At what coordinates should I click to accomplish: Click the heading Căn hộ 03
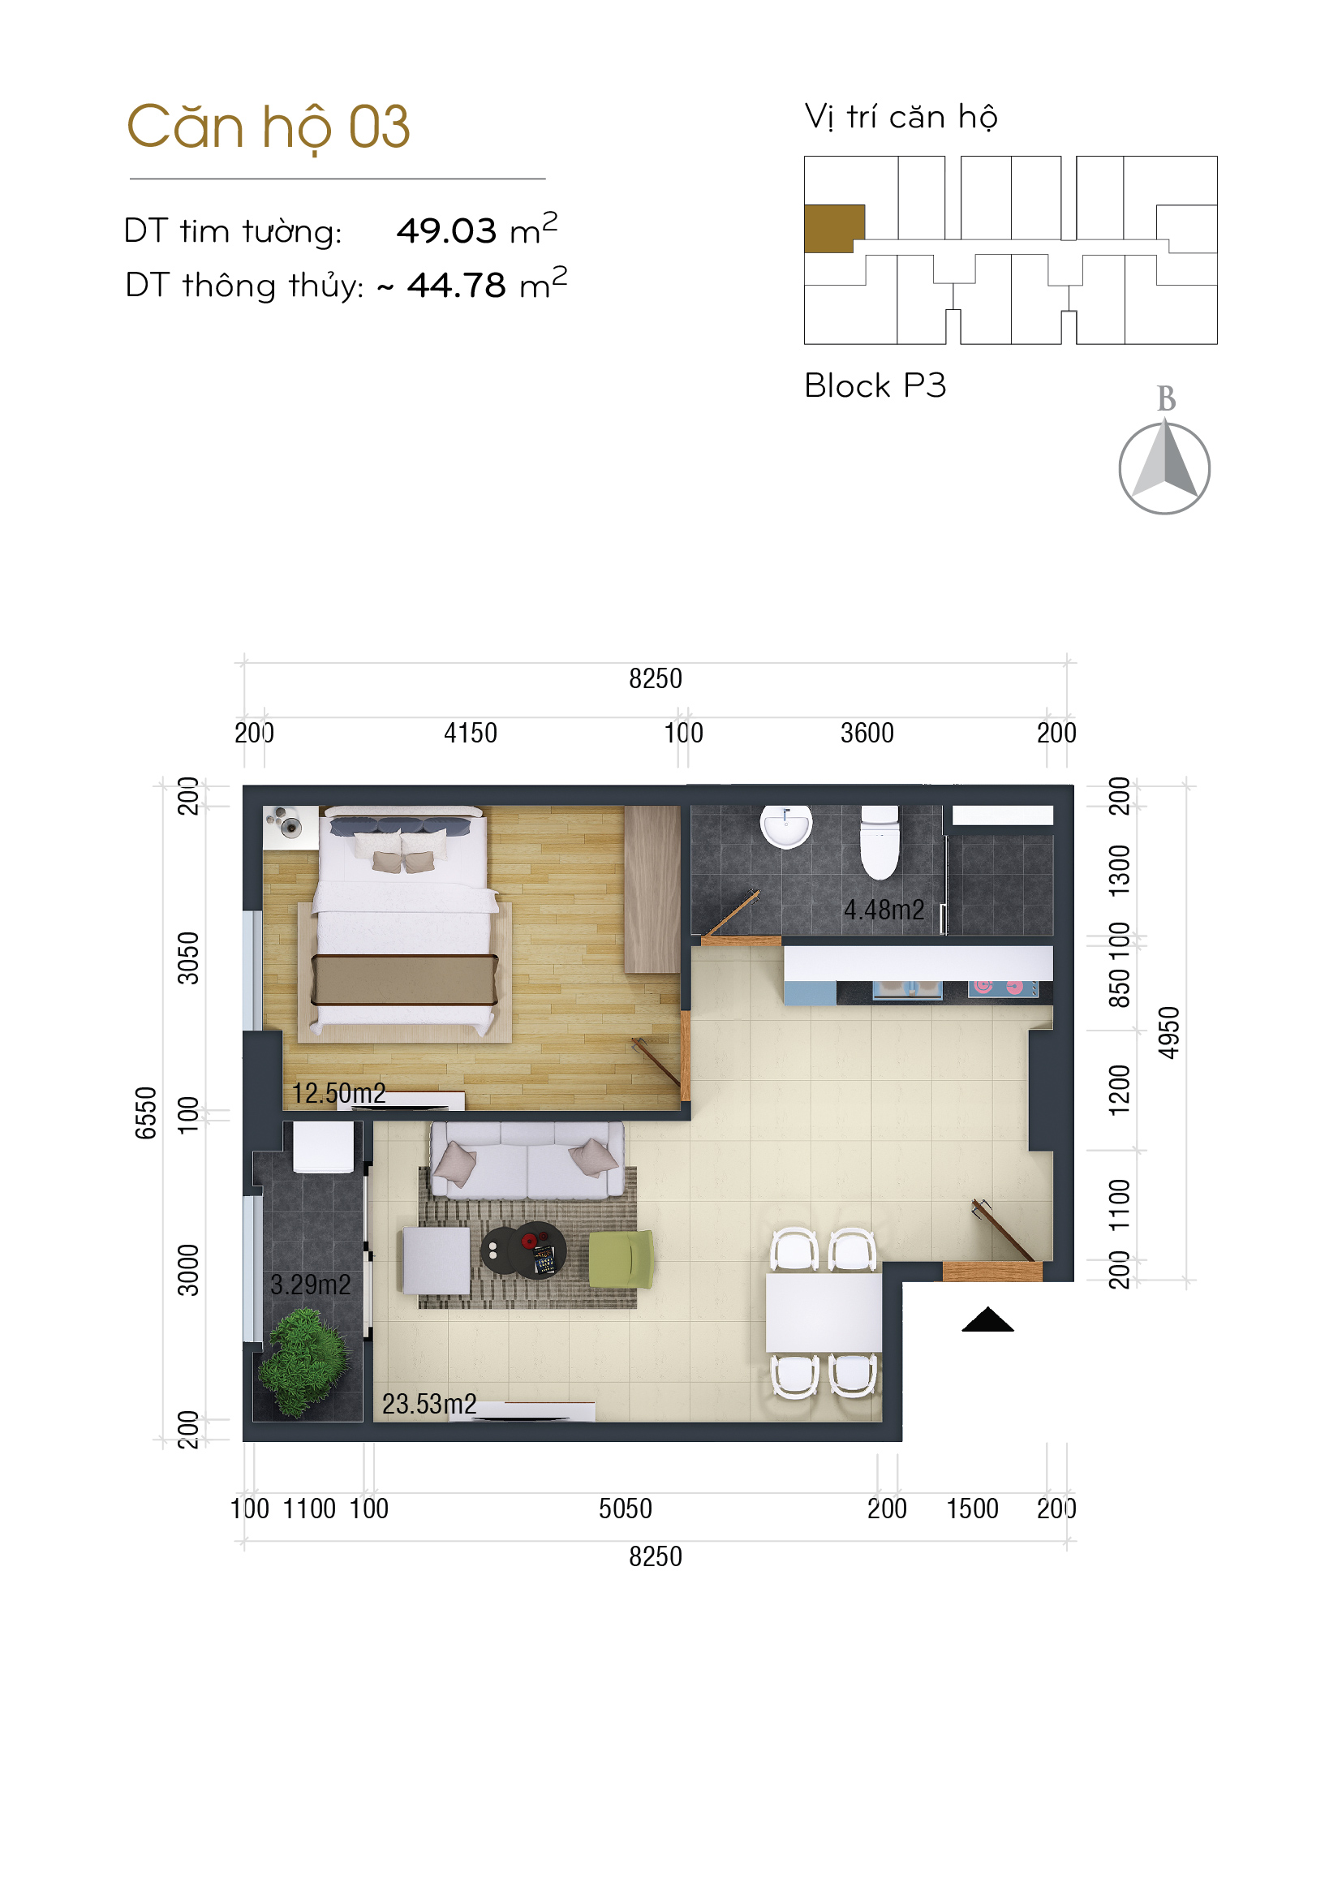pyautogui.click(x=269, y=128)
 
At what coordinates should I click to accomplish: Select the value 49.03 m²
pyautogui.click(x=477, y=229)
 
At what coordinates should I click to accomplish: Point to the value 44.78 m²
pyautogui.click(x=487, y=283)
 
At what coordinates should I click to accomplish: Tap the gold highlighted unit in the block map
pyautogui.click(x=834, y=228)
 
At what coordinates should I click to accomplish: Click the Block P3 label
pyautogui.click(x=875, y=385)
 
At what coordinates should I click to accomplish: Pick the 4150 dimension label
pyautogui.click(x=471, y=733)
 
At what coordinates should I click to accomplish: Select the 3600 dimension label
pyautogui.click(x=867, y=733)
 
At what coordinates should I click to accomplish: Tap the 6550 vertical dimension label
pyautogui.click(x=145, y=1113)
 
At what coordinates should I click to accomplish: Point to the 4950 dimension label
pyautogui.click(x=1168, y=1032)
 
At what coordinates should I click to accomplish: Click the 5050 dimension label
pyautogui.click(x=626, y=1509)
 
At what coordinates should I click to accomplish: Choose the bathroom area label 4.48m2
pyautogui.click(x=884, y=910)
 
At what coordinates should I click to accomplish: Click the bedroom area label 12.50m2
pyautogui.click(x=339, y=1093)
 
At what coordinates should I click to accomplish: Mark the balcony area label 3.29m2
pyautogui.click(x=311, y=1284)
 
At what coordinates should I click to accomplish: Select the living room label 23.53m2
pyautogui.click(x=429, y=1404)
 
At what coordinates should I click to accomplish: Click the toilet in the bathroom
pyautogui.click(x=880, y=841)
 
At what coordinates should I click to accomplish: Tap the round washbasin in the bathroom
pyautogui.click(x=786, y=826)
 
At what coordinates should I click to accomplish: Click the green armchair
pyautogui.click(x=622, y=1259)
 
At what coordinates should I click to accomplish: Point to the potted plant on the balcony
pyautogui.click(x=304, y=1362)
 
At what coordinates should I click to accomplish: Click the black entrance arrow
pyautogui.click(x=987, y=1319)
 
